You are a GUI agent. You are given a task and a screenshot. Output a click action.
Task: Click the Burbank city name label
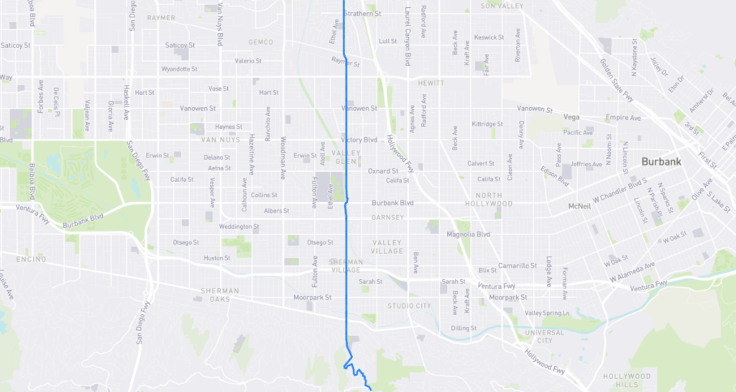click(x=661, y=162)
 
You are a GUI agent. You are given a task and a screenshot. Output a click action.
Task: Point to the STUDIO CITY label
click(x=410, y=306)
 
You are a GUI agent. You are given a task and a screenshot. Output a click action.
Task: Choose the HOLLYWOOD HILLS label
click(x=626, y=380)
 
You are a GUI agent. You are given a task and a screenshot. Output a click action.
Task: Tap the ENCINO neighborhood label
click(x=31, y=258)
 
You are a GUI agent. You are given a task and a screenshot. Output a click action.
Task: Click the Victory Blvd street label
click(x=359, y=140)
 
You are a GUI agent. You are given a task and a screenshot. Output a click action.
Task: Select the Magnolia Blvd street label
click(x=468, y=234)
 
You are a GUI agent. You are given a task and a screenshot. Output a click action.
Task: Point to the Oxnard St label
click(x=383, y=171)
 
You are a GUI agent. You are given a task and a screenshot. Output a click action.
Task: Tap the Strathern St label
click(x=362, y=14)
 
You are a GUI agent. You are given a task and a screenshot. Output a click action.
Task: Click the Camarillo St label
click(x=517, y=265)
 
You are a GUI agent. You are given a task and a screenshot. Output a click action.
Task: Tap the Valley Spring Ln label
click(x=547, y=313)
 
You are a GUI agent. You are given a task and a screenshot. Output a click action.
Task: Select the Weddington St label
click(x=239, y=227)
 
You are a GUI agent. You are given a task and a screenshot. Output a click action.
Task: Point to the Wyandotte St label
click(x=180, y=69)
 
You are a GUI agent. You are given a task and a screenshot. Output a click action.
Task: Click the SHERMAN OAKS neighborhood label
click(x=221, y=295)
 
